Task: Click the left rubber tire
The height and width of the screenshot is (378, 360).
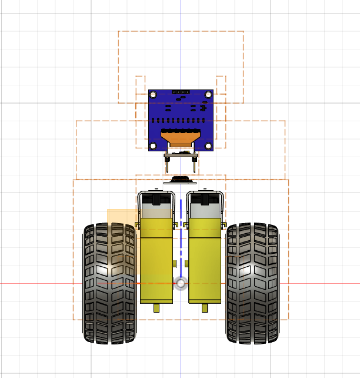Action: (109, 283)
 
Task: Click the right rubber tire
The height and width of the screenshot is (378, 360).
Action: (252, 283)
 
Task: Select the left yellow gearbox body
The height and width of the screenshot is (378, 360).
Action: (156, 265)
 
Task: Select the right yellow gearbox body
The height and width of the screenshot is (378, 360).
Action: (205, 265)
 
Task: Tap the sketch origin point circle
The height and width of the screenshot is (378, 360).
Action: (181, 283)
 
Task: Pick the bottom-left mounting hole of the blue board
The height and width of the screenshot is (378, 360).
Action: (154, 145)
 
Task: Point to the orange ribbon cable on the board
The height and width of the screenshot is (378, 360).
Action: (180, 139)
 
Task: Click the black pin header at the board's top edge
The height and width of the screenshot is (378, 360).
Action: (180, 92)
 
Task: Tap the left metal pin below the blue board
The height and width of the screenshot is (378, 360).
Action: (168, 161)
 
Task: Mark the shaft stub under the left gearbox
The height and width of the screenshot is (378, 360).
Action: (156, 308)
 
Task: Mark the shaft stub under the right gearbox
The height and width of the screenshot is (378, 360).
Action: (205, 308)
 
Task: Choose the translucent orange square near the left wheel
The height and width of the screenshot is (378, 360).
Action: (121, 216)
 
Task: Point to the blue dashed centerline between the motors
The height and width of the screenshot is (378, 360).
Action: (181, 236)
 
